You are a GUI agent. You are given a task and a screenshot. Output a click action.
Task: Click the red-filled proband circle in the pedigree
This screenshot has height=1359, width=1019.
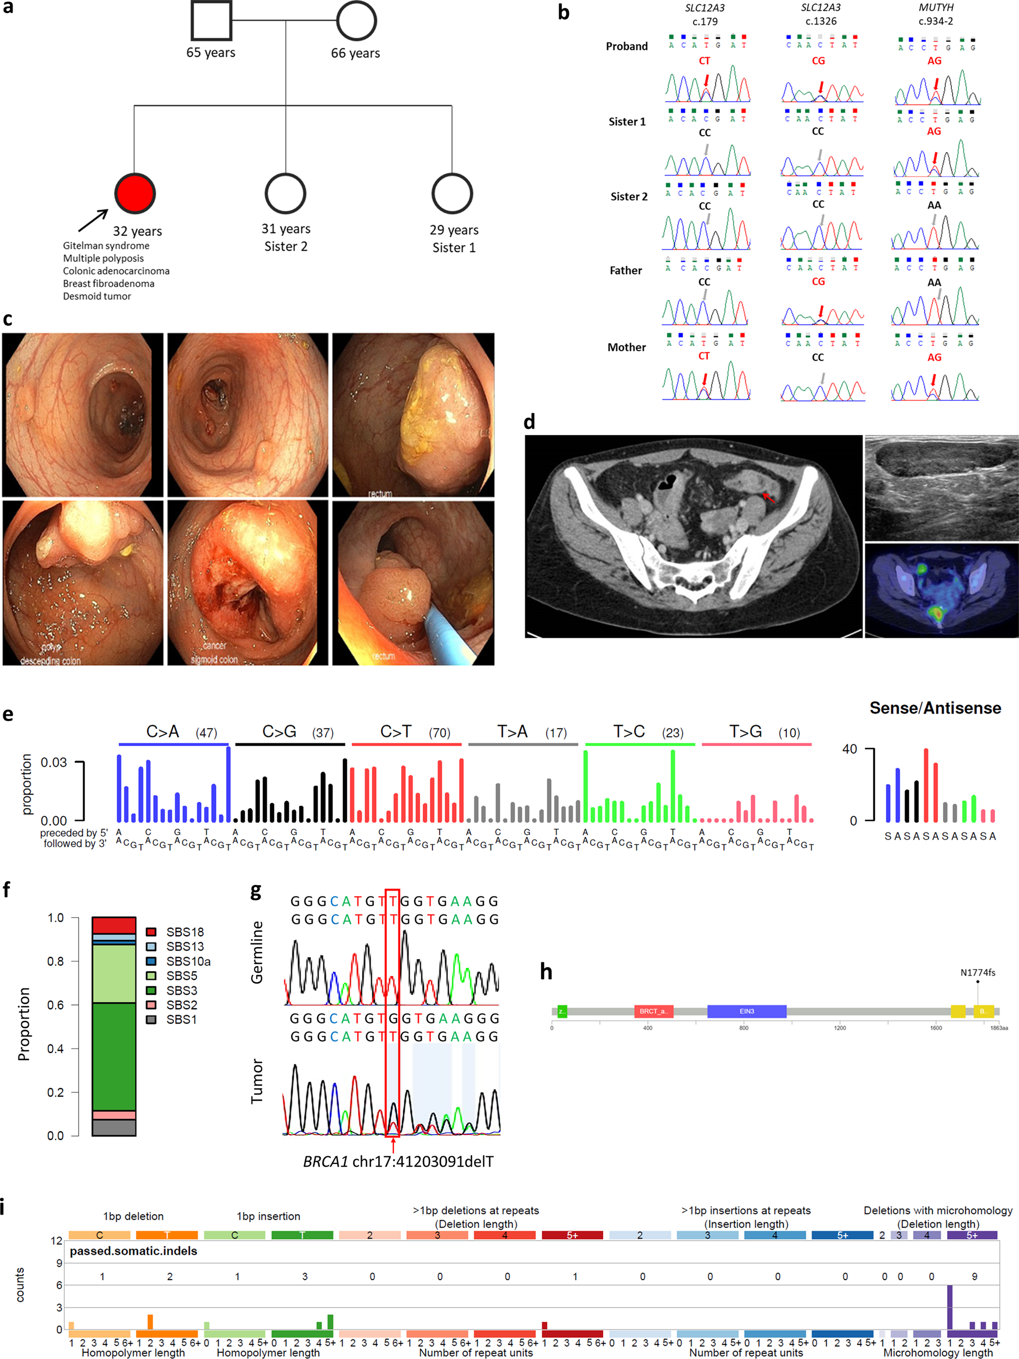(135, 193)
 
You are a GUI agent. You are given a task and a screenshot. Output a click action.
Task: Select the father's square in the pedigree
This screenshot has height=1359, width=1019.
(211, 21)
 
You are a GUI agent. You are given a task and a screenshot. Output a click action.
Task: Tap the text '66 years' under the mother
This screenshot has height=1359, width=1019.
(355, 53)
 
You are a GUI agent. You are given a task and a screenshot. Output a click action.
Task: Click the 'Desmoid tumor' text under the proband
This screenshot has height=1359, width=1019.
(97, 296)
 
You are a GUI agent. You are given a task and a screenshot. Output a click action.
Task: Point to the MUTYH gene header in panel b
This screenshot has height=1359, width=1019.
(936, 8)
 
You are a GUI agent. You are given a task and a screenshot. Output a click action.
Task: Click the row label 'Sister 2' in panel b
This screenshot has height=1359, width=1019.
(629, 197)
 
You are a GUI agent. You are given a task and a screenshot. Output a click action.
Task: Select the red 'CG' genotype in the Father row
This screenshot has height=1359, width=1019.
(818, 282)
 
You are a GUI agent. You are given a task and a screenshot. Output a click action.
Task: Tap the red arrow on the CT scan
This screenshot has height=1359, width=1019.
(769, 496)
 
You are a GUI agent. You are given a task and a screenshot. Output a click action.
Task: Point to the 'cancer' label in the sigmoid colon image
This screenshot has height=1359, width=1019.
(215, 645)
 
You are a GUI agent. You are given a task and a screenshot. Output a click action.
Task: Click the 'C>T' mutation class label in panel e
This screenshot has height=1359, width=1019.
(396, 732)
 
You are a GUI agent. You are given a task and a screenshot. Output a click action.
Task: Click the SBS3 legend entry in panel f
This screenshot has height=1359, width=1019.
(181, 990)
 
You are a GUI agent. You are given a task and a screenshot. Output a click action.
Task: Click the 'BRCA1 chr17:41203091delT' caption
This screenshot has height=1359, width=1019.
(398, 1161)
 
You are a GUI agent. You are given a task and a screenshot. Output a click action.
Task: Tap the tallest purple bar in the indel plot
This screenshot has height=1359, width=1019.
(950, 1307)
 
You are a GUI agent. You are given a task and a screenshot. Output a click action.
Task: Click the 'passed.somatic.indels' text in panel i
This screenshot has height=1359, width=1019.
(134, 1251)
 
